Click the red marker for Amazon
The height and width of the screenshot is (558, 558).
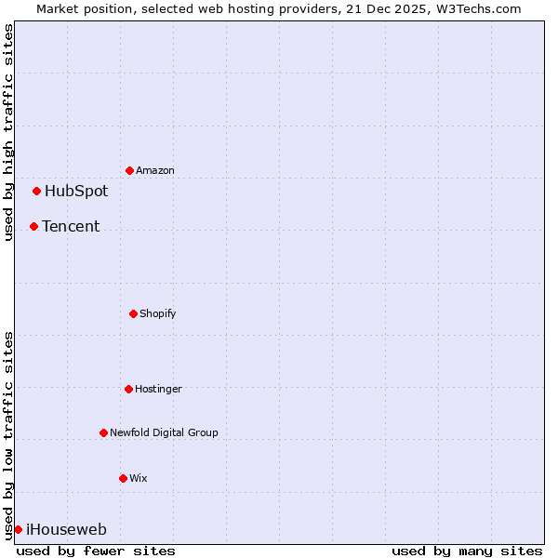pos(129,170)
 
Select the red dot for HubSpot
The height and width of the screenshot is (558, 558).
pos(36,191)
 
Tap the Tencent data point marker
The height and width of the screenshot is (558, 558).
pos(33,226)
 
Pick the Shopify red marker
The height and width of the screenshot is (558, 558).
pos(133,313)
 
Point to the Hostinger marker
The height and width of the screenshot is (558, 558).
pos(128,389)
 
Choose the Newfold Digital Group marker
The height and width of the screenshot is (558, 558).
pos(103,432)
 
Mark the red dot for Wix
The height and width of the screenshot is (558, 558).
pos(123,478)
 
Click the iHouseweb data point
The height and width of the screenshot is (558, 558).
pos(18,529)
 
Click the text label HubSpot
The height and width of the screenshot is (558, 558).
pos(76,192)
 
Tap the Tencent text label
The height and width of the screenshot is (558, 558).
pos(71,227)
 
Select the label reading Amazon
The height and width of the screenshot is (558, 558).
pos(155,171)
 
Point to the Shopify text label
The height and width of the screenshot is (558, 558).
pos(158,314)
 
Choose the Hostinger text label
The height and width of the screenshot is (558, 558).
pos(158,390)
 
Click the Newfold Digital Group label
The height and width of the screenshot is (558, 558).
pos(164,433)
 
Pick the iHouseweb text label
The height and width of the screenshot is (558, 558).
pos(66,530)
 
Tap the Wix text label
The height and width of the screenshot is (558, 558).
pos(139,479)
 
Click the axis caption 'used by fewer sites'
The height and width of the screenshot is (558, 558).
pos(96,551)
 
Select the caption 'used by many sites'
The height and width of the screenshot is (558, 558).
pos(467,551)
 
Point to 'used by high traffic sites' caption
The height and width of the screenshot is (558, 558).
pos(8,132)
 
